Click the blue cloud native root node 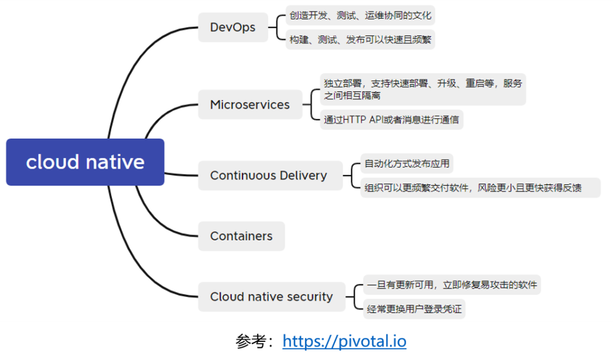click(85, 162)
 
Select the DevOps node click(233, 27)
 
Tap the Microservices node click(250, 104)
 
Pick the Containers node click(241, 236)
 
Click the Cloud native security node click(271, 296)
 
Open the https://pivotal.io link click(345, 341)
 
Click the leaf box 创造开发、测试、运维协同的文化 click(360, 15)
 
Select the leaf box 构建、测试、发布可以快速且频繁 click(360, 39)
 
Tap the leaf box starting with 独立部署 click(422, 89)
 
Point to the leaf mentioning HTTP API click(391, 120)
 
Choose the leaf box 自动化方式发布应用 click(406, 164)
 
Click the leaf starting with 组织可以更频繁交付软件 click(480, 187)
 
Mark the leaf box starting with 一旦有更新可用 click(451, 284)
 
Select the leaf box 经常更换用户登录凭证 click(414, 309)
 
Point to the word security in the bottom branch click(309, 296)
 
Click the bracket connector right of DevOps click(276, 27)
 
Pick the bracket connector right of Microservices click(311, 104)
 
